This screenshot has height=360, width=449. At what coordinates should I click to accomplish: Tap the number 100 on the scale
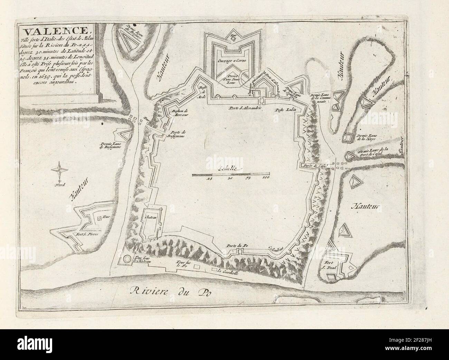pyautogui.click(x=266, y=179)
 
